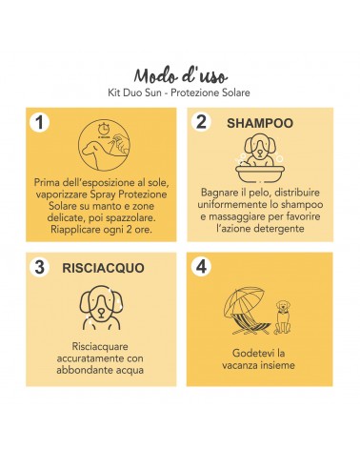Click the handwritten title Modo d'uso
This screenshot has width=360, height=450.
[x=180, y=76]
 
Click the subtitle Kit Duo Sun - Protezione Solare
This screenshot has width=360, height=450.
[x=179, y=92]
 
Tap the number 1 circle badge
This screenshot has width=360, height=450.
[x=39, y=122]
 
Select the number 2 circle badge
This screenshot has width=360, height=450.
[x=201, y=121]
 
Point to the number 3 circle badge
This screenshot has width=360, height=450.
[x=39, y=266]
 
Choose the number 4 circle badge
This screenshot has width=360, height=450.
[x=201, y=266]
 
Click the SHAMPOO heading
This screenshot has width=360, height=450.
[x=260, y=123]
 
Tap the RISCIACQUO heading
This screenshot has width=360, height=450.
[x=103, y=268]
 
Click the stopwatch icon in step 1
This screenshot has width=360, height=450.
[x=103, y=129]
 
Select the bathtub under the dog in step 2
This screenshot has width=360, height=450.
[x=260, y=174]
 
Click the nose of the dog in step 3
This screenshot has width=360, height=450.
[x=101, y=312]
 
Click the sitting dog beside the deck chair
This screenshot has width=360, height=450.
[x=282, y=317]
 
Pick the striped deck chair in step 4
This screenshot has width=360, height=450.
[x=250, y=323]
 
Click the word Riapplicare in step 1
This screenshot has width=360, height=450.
[x=75, y=230]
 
